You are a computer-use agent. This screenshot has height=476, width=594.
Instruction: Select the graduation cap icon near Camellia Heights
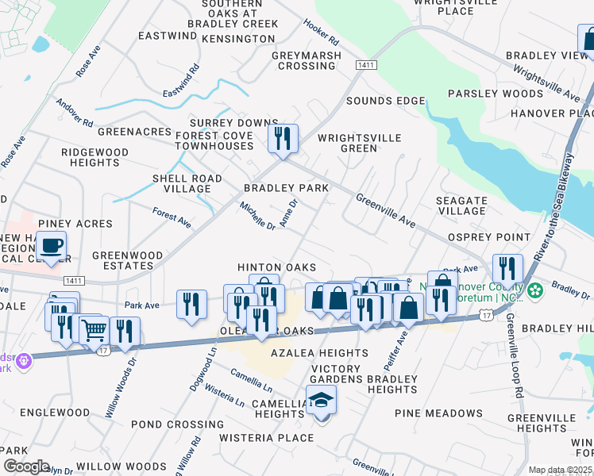(321, 401)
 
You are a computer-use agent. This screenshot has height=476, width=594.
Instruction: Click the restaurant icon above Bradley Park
(283, 139)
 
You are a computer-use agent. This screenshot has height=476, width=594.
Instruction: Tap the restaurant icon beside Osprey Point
(507, 269)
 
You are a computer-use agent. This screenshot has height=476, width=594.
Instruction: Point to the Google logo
(26, 466)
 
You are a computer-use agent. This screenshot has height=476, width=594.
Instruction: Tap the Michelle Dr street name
(257, 216)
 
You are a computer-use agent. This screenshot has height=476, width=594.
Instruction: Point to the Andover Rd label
(75, 113)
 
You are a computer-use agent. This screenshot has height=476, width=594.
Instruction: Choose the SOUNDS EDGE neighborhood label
(385, 101)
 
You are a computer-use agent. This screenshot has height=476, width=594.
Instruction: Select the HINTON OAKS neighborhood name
(277, 267)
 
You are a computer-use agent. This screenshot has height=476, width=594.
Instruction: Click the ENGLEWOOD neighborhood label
(55, 413)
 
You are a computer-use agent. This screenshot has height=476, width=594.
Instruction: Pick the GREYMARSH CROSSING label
(307, 60)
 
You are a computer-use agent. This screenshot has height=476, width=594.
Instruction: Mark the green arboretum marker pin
(536, 288)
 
